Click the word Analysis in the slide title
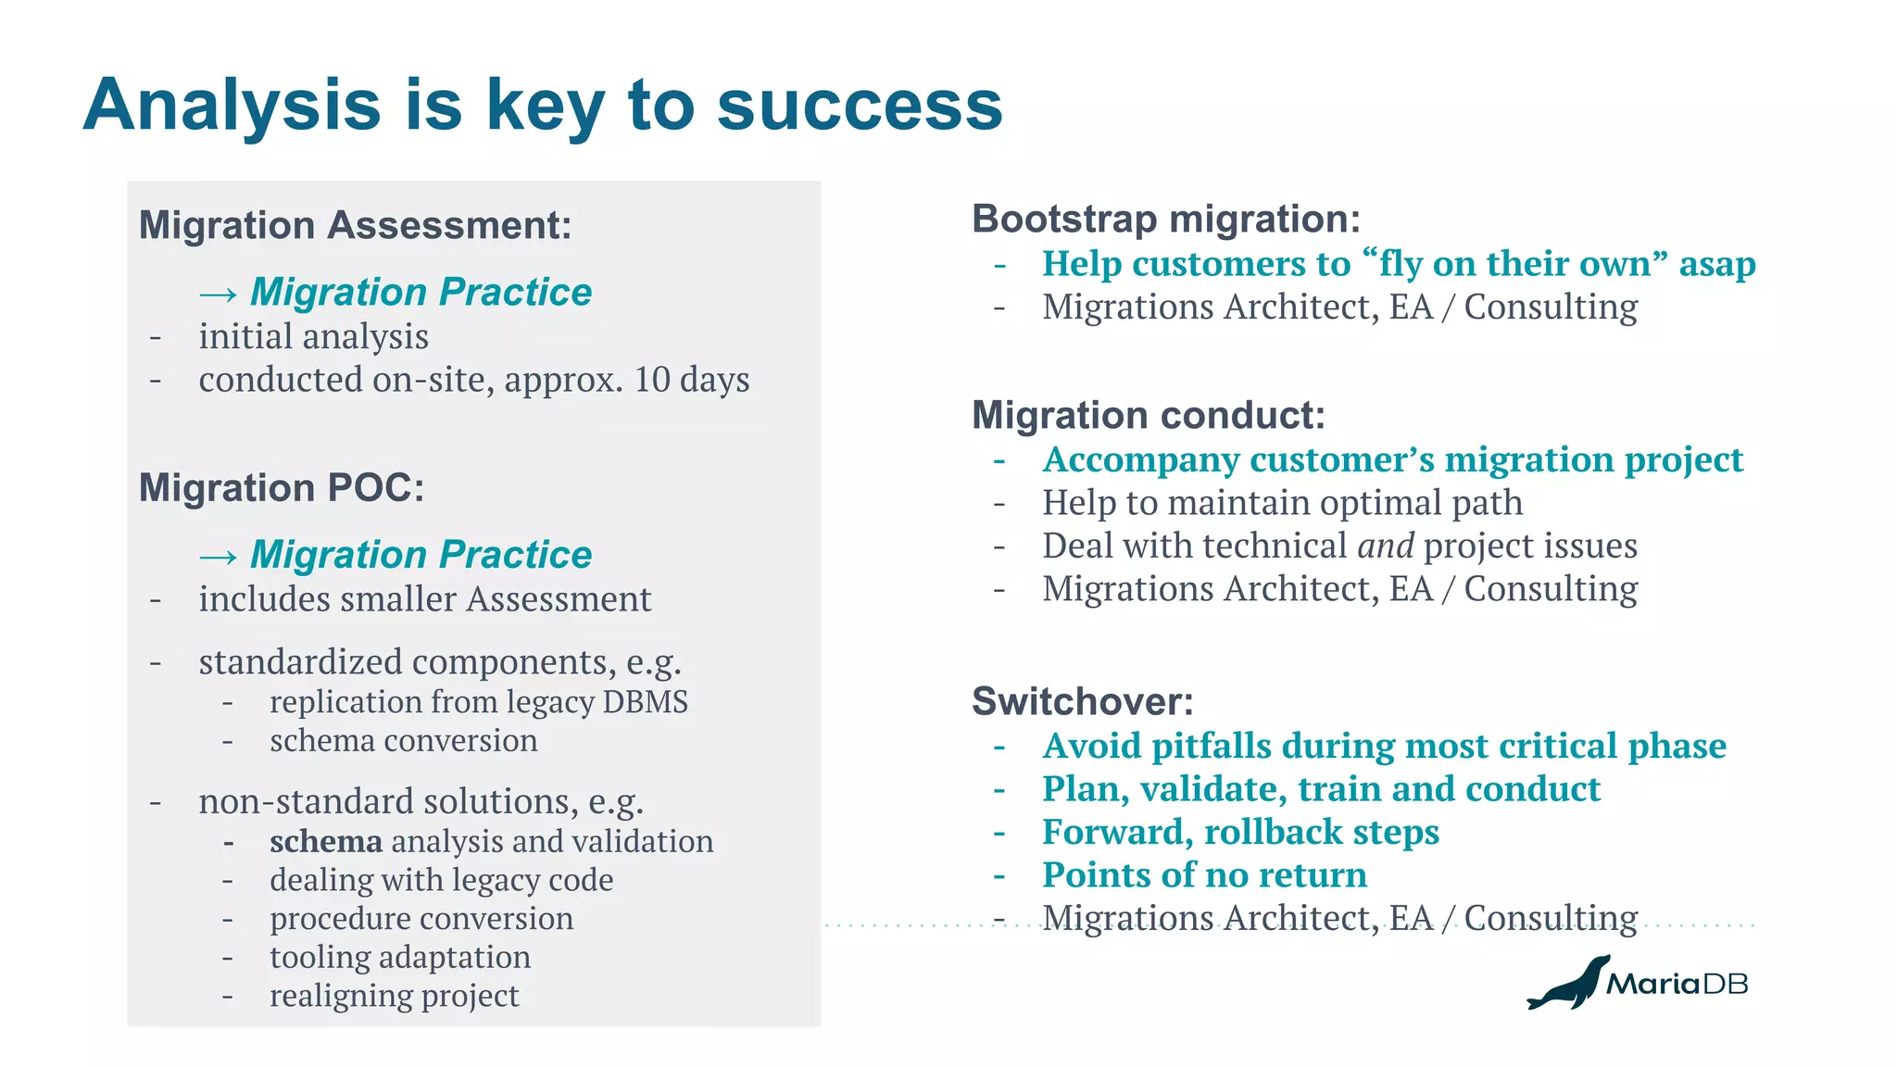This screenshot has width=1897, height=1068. (x=232, y=105)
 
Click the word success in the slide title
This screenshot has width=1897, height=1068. (x=860, y=105)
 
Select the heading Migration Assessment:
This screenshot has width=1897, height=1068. (x=355, y=225)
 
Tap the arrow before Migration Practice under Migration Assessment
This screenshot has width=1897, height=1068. (x=218, y=295)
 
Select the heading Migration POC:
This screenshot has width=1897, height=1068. (x=282, y=487)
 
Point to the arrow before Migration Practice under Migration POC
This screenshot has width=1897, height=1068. (x=218, y=557)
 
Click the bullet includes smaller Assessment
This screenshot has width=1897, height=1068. (x=424, y=599)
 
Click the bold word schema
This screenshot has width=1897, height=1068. (x=325, y=841)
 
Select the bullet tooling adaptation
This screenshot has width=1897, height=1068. (x=400, y=957)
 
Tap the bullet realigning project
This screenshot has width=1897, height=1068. (x=394, y=996)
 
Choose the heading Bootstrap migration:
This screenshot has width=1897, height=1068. (x=1165, y=219)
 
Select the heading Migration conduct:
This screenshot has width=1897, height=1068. (x=1148, y=415)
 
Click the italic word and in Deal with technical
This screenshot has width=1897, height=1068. (x=1385, y=546)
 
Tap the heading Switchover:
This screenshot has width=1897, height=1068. (x=1082, y=701)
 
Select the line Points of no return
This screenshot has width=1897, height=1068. (x=1203, y=875)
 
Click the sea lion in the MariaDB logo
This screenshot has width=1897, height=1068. (x=1568, y=985)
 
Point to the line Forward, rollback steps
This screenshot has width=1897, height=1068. (x=1239, y=832)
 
